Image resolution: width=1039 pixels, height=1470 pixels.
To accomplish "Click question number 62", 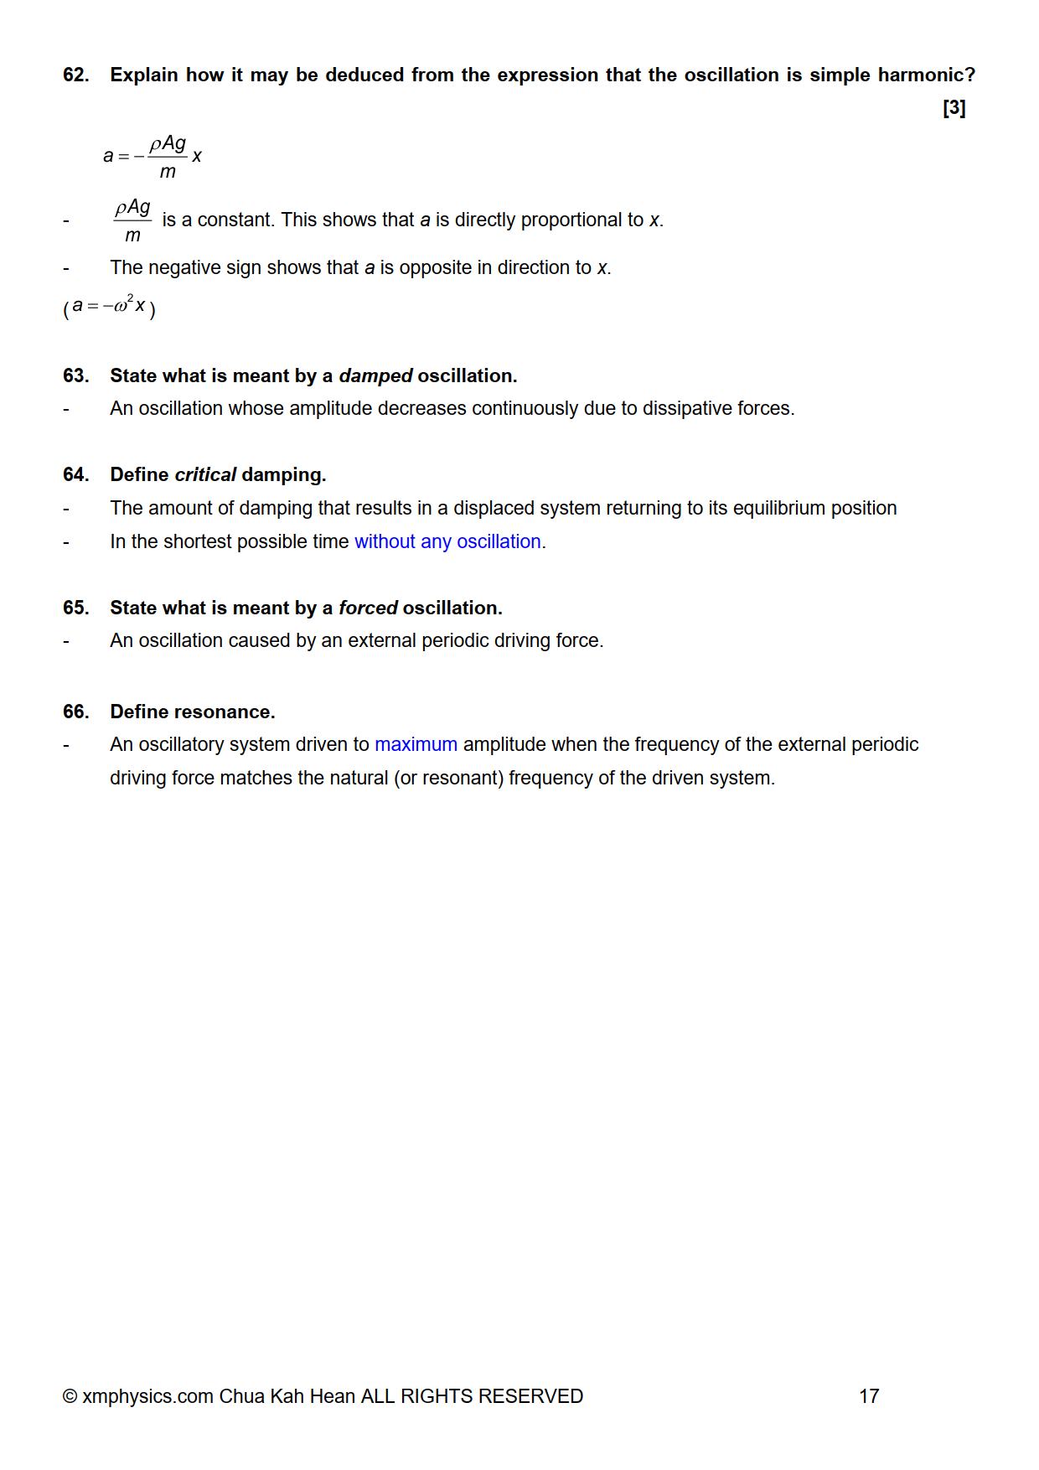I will [x=75, y=75].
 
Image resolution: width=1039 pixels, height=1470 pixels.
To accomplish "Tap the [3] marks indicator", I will [x=954, y=108].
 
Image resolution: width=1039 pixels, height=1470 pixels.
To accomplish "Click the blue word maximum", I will [x=416, y=744].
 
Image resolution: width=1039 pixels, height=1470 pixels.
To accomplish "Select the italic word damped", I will [x=375, y=375].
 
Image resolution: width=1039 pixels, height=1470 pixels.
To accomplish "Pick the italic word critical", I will [x=205, y=474].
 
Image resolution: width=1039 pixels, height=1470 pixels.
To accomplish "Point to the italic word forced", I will [x=368, y=608].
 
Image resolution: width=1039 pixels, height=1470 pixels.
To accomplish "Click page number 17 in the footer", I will [x=869, y=1396].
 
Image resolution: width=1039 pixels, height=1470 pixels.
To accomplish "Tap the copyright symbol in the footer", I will [x=70, y=1396].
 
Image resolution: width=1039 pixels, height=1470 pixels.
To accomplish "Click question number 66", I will [x=75, y=712].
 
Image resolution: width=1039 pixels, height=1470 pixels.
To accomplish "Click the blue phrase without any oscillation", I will [x=447, y=541].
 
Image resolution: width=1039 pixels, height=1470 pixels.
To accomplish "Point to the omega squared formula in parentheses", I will [x=109, y=307].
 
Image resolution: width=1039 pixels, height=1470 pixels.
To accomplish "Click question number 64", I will [x=75, y=474].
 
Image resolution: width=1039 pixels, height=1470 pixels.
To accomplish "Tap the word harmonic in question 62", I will [x=926, y=75].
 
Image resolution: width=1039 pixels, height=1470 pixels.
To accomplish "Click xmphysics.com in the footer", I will [x=147, y=1396].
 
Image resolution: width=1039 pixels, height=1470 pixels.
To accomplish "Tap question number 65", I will [x=75, y=608].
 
